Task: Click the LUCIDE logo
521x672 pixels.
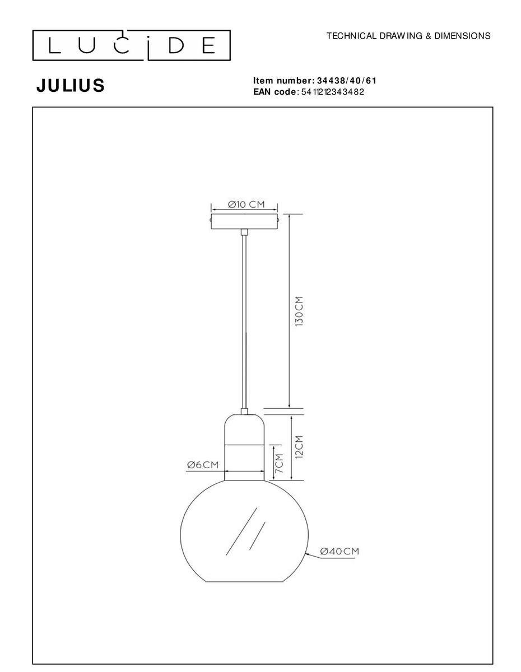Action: pos(131,45)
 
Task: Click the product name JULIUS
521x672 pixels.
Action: pos(71,85)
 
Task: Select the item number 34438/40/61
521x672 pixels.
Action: pos(347,81)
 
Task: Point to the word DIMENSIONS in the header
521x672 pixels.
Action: pos(463,36)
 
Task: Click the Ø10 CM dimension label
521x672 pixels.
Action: pos(246,204)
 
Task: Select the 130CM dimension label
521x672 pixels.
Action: pos(299,312)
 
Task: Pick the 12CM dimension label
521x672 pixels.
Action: pos(299,446)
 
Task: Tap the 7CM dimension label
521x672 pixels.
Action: pos(279,463)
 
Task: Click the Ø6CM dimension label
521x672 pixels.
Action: pos(203,465)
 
